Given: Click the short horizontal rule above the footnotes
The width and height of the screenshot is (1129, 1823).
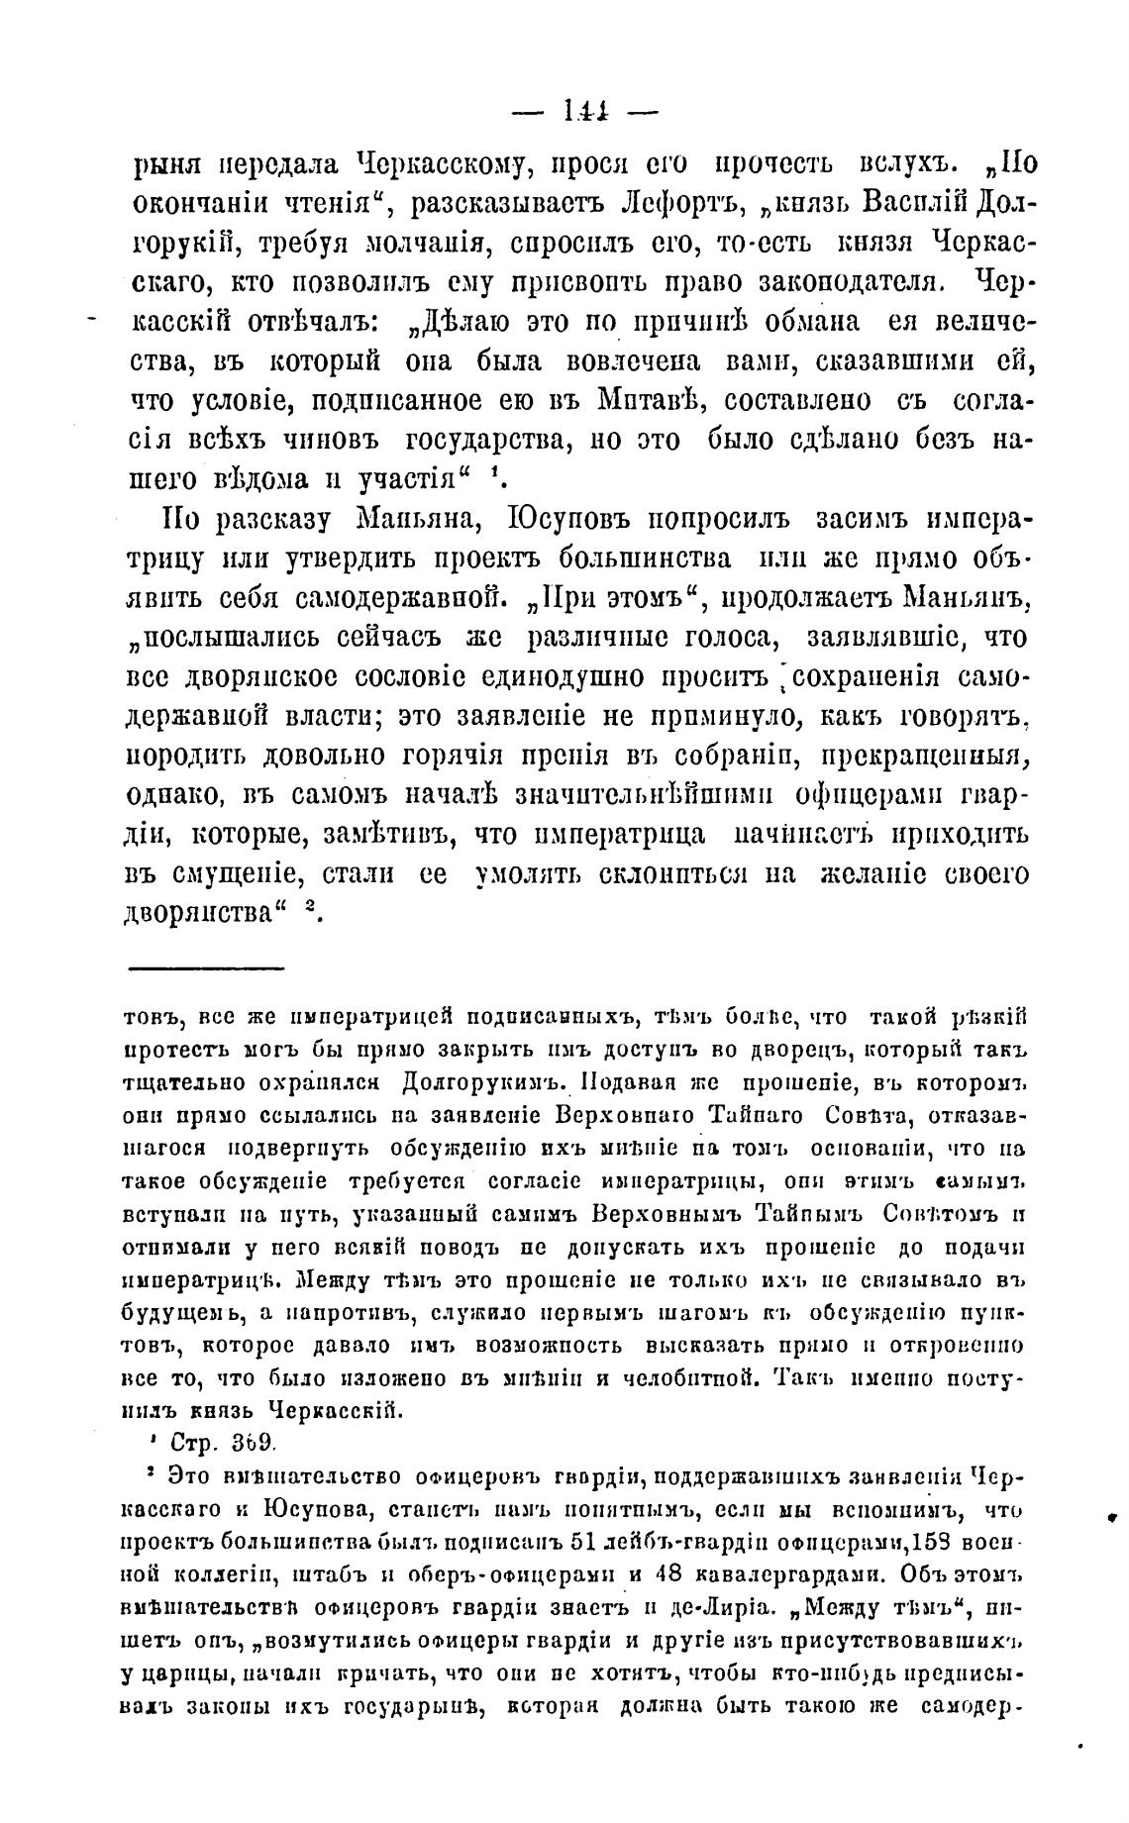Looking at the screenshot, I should click(205, 968).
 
